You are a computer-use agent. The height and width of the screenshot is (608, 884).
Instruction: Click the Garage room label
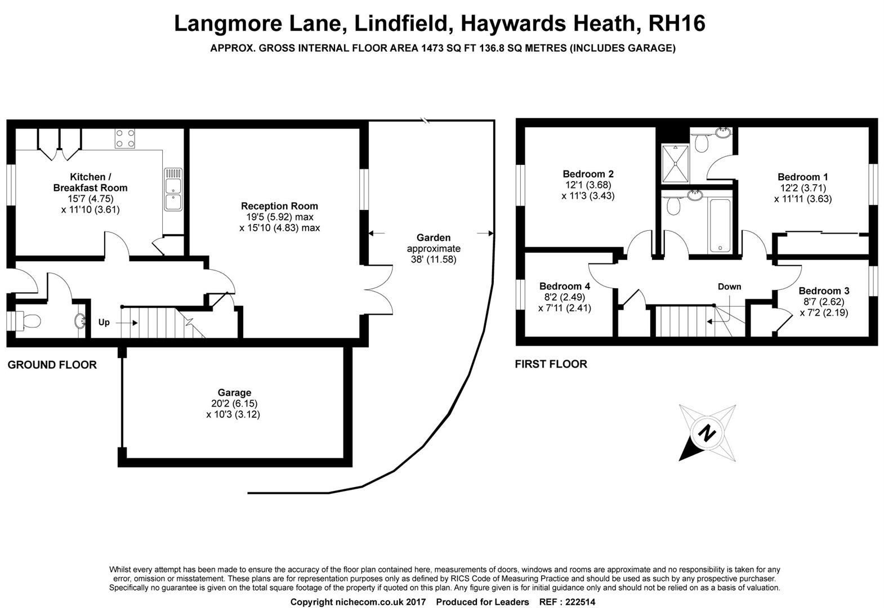click(234, 392)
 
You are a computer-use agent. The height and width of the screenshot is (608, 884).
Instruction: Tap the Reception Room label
click(279, 206)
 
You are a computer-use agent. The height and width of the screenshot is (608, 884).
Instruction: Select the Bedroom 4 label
click(565, 286)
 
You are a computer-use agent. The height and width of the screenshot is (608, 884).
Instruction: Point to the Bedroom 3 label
click(824, 290)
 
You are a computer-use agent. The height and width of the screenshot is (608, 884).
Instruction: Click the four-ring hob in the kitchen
click(125, 138)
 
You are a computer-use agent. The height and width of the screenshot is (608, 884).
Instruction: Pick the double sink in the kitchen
click(173, 189)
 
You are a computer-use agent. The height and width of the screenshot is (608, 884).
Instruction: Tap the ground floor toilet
click(28, 321)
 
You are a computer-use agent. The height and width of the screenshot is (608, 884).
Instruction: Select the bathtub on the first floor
click(720, 225)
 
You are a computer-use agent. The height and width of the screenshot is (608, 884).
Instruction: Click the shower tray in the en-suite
click(675, 163)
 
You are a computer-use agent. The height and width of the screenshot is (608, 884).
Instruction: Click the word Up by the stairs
click(104, 323)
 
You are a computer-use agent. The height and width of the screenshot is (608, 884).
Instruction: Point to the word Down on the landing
click(729, 287)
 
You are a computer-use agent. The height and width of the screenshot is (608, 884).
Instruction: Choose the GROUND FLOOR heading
click(52, 365)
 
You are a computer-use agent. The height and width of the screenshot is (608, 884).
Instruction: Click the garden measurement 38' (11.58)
click(434, 260)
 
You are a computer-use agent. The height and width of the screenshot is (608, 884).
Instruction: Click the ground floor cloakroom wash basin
click(80, 321)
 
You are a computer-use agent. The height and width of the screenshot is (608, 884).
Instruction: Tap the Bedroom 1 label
click(802, 177)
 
